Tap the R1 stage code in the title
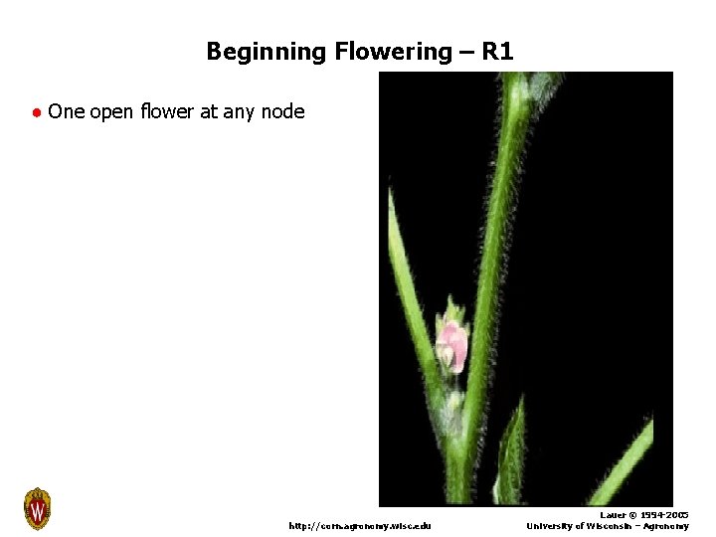point(496,52)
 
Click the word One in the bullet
point(66,111)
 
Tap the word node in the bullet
point(282,111)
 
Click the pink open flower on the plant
point(452,344)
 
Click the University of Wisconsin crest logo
point(37,509)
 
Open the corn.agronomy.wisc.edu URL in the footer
point(360,525)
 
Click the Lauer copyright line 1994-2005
point(643,515)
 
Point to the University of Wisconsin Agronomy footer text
point(607,526)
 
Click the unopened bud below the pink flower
point(453,403)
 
